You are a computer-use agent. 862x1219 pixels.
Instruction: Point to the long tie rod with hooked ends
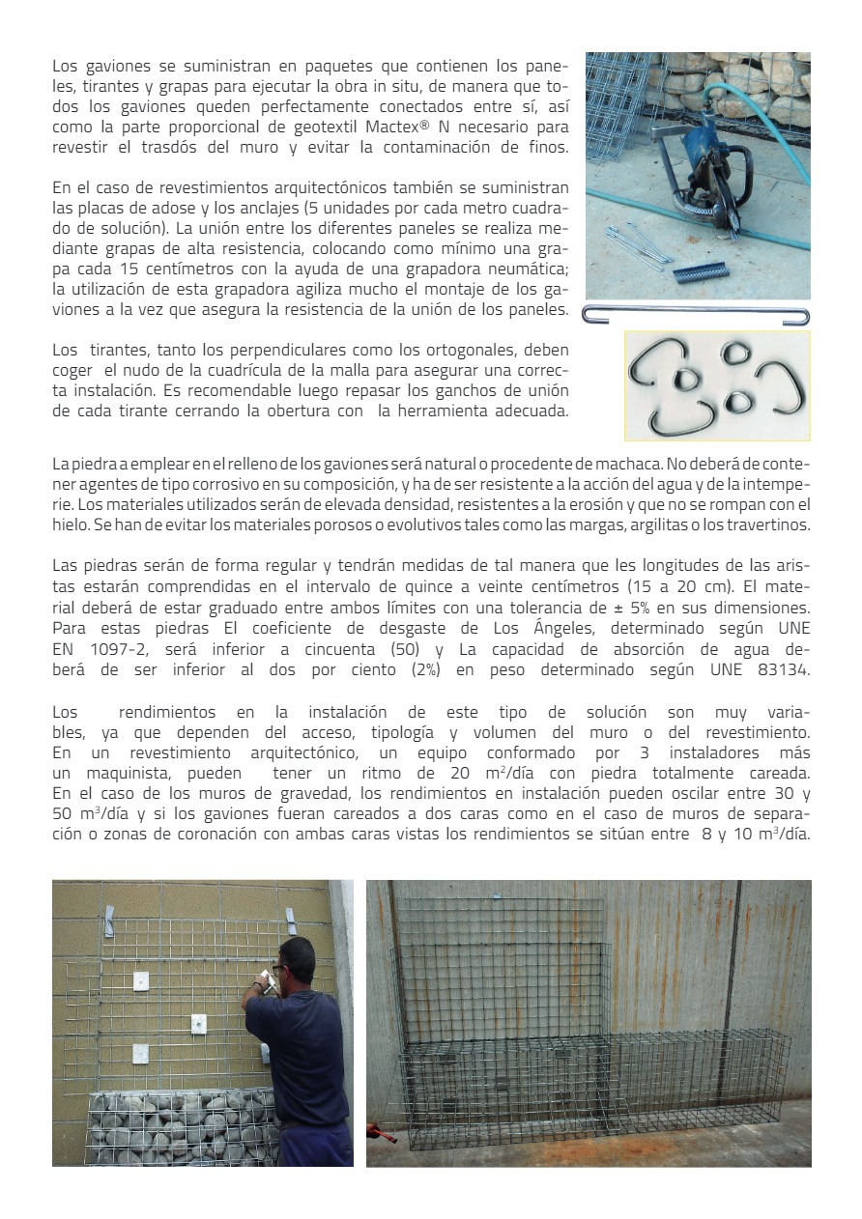point(696,315)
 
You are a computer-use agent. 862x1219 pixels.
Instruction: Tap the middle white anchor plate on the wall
point(197,1022)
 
